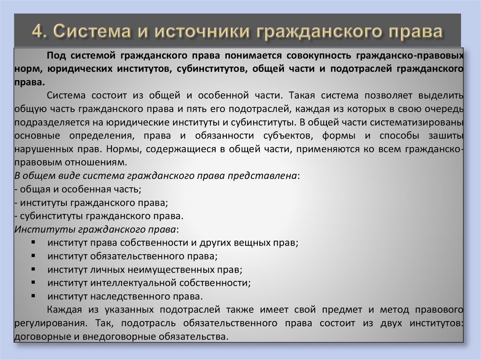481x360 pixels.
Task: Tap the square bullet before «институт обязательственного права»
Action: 36,257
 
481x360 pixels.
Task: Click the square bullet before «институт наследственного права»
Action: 36,297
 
